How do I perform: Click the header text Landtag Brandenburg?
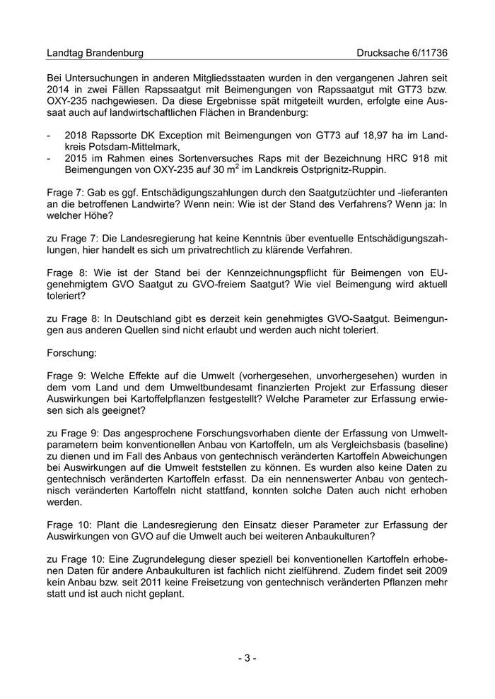(x=95, y=53)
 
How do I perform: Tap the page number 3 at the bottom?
(x=247, y=658)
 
